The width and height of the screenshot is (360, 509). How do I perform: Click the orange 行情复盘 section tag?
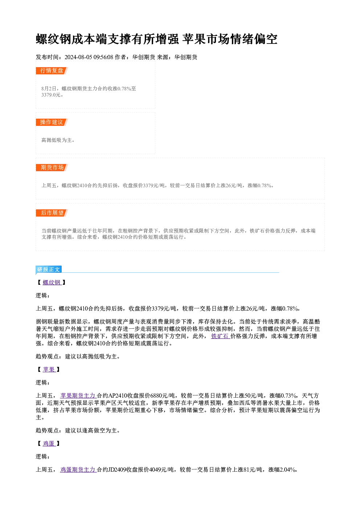click(52, 71)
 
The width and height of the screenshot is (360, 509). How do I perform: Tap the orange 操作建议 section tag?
click(52, 122)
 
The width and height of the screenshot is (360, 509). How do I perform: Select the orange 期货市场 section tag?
click(52, 168)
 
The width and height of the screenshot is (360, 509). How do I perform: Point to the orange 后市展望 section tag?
click(52, 213)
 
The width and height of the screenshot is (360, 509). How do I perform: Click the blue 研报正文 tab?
click(49, 270)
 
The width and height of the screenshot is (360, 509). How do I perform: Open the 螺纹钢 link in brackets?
click(52, 283)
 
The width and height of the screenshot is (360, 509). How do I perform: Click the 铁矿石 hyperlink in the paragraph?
click(220, 336)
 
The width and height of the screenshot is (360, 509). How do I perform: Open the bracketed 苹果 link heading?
click(49, 369)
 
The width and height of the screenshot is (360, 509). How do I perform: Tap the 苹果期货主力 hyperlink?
click(78, 395)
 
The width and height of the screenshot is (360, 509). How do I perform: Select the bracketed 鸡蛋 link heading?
click(49, 443)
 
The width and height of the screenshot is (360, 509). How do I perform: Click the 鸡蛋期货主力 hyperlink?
click(78, 469)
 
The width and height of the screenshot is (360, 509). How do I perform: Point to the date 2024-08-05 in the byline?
click(78, 57)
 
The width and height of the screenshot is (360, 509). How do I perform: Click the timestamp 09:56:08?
click(103, 57)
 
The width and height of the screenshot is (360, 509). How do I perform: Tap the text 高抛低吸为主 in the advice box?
click(57, 140)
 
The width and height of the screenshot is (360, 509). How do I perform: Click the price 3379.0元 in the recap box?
click(51, 95)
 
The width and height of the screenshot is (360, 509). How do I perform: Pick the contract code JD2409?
click(117, 469)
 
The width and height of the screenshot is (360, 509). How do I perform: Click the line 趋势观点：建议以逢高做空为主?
click(78, 430)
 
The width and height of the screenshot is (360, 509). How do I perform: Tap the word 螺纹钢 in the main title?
click(54, 39)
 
